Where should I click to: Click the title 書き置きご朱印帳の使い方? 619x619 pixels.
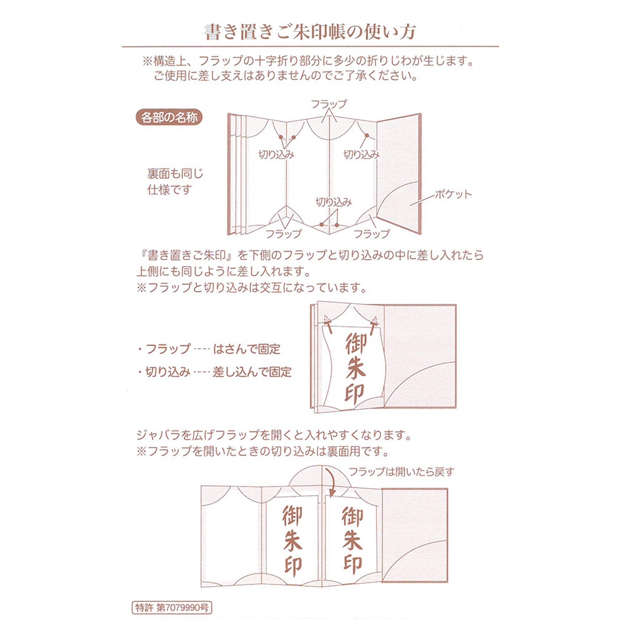click(x=310, y=32)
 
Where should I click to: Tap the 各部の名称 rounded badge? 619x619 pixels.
click(x=169, y=117)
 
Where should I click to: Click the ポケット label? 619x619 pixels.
click(x=453, y=194)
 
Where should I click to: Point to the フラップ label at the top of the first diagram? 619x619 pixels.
click(x=329, y=104)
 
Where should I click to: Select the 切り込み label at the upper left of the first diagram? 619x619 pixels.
click(x=276, y=154)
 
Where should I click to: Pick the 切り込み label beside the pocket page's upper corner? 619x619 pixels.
click(x=362, y=154)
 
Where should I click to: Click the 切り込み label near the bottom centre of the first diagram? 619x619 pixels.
click(x=334, y=202)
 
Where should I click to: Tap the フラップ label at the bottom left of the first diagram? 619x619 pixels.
click(x=283, y=234)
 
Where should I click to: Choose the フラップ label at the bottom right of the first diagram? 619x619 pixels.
click(x=371, y=234)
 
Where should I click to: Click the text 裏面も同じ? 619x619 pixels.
click(x=175, y=174)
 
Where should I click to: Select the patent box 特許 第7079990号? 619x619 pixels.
click(x=172, y=607)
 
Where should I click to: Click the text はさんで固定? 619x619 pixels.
click(x=247, y=349)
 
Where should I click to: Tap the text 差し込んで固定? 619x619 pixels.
click(x=252, y=372)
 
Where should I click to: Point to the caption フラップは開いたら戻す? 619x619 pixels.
click(x=402, y=472)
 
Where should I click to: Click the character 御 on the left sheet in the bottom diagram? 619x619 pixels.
click(x=292, y=516)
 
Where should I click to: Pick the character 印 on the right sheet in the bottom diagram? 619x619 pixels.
click(x=353, y=565)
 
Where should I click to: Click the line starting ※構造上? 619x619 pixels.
click(x=308, y=61)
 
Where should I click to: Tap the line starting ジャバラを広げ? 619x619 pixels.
click(x=274, y=435)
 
